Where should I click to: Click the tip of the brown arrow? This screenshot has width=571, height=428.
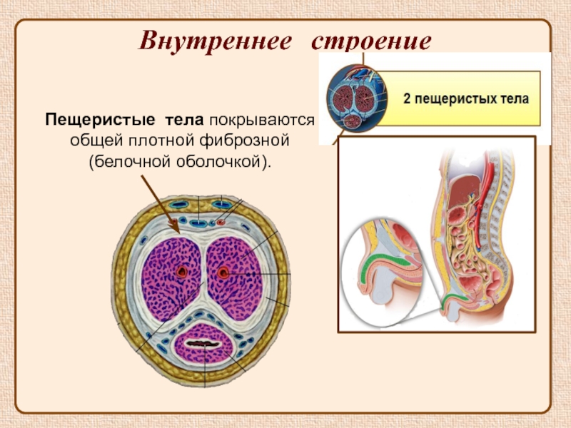click(176, 230)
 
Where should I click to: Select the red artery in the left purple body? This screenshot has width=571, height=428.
click(183, 271)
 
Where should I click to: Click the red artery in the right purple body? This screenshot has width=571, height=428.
click(225, 271)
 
